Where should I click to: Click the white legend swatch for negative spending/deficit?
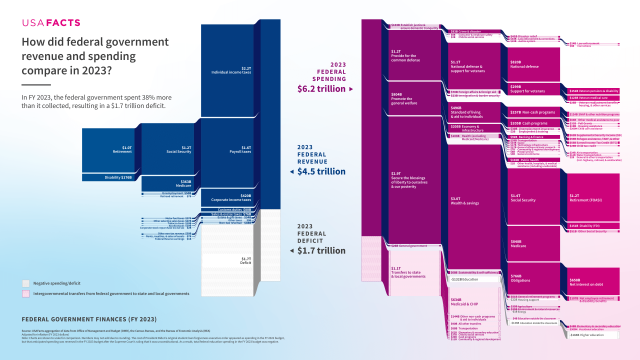click(27, 283)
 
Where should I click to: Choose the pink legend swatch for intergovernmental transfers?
click(27, 294)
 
